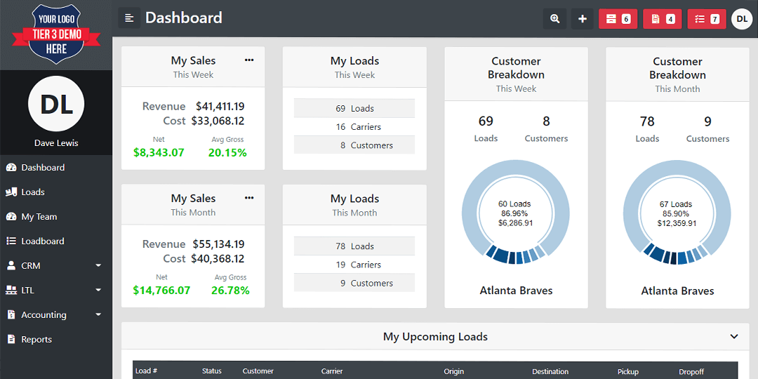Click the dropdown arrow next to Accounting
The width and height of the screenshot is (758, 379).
99,314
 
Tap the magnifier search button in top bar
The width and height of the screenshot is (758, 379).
554,19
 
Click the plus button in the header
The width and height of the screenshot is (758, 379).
583,19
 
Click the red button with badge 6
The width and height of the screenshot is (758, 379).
618,19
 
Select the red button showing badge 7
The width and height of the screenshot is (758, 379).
707,19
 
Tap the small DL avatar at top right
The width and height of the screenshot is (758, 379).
742,19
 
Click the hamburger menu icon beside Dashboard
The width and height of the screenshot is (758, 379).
129,18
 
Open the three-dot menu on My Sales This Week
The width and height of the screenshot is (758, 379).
249,60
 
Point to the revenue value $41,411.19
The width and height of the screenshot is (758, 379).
220,107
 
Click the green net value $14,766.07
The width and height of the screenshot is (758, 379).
161,290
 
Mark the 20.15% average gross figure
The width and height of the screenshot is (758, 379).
227,153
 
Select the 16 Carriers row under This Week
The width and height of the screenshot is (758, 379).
354,126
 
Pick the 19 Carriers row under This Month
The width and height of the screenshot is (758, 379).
354,265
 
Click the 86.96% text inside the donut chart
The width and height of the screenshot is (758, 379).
514,213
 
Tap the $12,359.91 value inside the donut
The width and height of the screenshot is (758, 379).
677,223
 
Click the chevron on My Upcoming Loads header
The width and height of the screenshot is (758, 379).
734,336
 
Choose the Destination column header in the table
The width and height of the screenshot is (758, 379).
550,372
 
